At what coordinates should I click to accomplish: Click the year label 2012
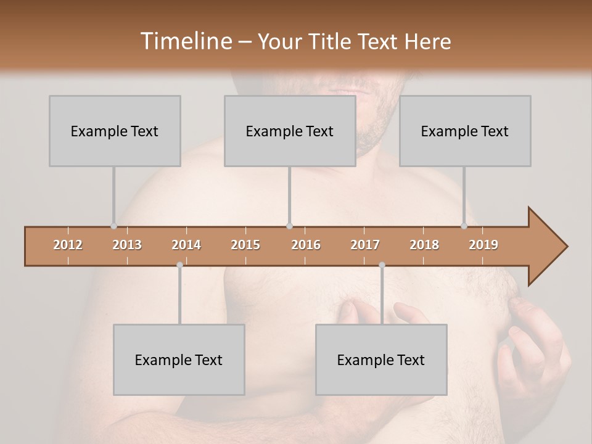coord(68,245)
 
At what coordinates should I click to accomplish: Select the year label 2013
coord(127,245)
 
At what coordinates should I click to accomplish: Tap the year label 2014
coord(186,245)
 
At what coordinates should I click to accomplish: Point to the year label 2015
coord(245,245)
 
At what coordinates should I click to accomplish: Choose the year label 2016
coord(306,245)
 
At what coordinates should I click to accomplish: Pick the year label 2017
coord(365,245)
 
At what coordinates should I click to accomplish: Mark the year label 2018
coord(424,245)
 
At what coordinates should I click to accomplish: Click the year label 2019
coord(483,245)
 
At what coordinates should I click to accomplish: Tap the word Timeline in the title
coord(186,41)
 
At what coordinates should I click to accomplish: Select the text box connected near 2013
coord(115,131)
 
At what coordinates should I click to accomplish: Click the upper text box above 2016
coord(290,131)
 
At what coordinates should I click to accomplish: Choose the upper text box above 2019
coord(465,131)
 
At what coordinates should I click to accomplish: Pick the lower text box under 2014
coord(179,360)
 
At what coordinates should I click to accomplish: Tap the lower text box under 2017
coord(381,360)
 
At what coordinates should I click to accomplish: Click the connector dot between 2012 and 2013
coord(113,226)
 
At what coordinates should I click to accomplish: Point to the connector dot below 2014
coord(179,265)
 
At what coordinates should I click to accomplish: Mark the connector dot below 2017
coord(382,265)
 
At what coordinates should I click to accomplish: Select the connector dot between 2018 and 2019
coord(464,226)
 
